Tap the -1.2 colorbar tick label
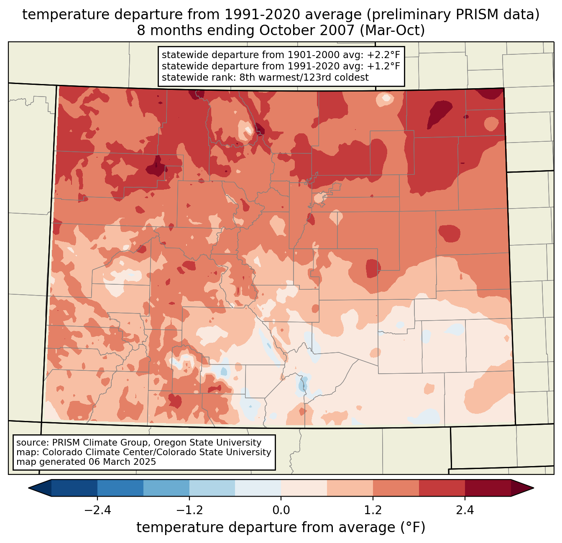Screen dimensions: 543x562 (x=189, y=510)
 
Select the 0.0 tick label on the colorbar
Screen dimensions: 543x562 (x=281, y=510)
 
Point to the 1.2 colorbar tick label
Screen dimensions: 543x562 (x=373, y=510)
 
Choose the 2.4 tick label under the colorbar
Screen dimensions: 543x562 (x=465, y=510)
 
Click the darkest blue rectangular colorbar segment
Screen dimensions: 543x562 (x=74, y=488)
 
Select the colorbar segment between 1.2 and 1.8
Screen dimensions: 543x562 (x=396, y=488)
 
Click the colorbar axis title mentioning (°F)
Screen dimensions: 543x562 (x=281, y=528)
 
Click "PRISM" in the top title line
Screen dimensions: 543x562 (x=472, y=15)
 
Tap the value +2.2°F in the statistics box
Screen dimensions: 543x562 (x=383, y=55)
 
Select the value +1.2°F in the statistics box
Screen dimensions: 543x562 (x=383, y=66)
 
